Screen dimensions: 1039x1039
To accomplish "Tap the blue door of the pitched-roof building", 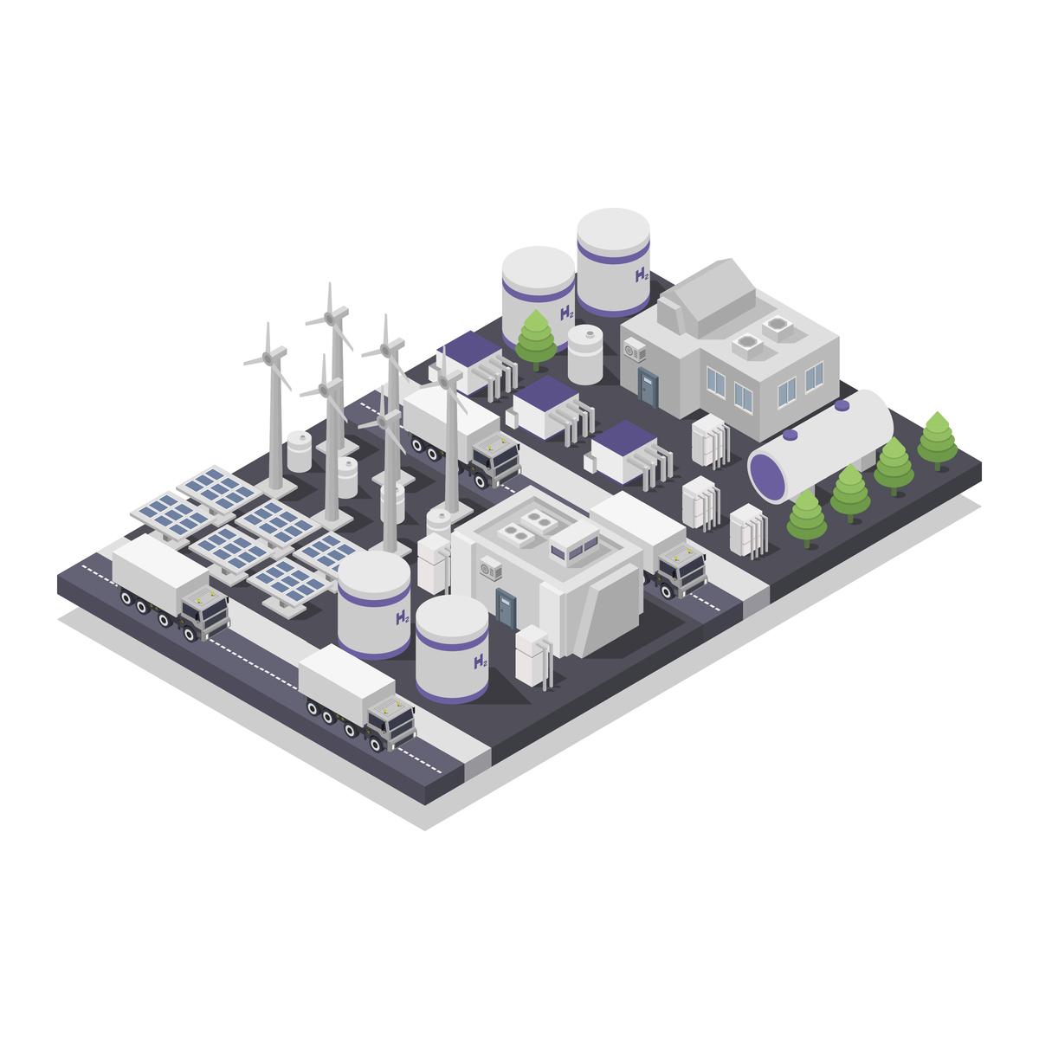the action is [x=649, y=387].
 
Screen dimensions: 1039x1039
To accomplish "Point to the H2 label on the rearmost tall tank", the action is [x=642, y=275].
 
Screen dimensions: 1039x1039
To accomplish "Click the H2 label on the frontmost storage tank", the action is [x=480, y=661].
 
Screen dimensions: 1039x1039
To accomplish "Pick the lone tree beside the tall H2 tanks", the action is [x=535, y=339].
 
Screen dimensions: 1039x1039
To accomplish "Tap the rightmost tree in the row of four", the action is [x=937, y=441].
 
